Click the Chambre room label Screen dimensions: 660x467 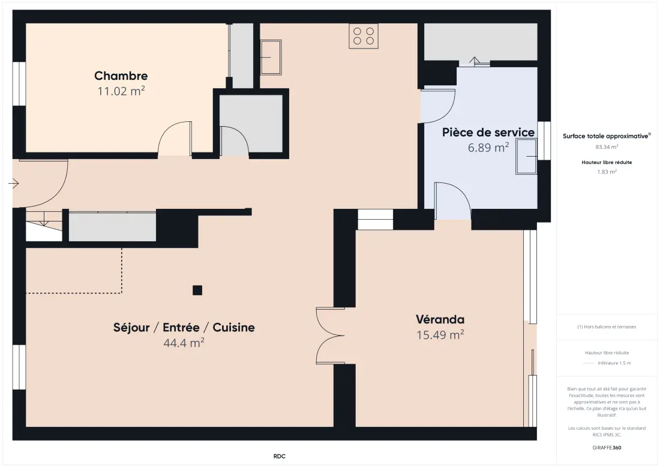tap(121, 76)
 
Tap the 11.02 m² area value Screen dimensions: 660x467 tap(121, 91)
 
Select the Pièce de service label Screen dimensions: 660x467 tap(488, 132)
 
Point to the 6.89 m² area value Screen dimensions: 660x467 tap(488, 148)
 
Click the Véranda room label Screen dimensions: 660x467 tap(440, 319)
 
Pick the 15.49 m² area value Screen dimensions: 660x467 tap(440, 335)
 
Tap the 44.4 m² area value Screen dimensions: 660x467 tap(184, 343)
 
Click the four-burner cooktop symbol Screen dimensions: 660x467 tap(364, 36)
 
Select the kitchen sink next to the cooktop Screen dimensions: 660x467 tap(271, 57)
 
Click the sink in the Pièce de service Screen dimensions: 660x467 tap(527, 156)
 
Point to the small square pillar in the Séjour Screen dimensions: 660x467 tap(197, 290)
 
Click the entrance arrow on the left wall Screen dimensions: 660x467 tap(13, 183)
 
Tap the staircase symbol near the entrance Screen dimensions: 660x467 tap(44, 226)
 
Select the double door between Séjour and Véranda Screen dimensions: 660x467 tap(331, 336)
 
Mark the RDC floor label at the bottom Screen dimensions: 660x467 tap(280, 456)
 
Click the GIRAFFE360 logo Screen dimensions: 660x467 tap(607, 448)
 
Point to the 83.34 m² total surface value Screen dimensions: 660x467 tap(607, 147)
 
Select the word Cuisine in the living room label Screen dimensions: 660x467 tap(233, 328)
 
